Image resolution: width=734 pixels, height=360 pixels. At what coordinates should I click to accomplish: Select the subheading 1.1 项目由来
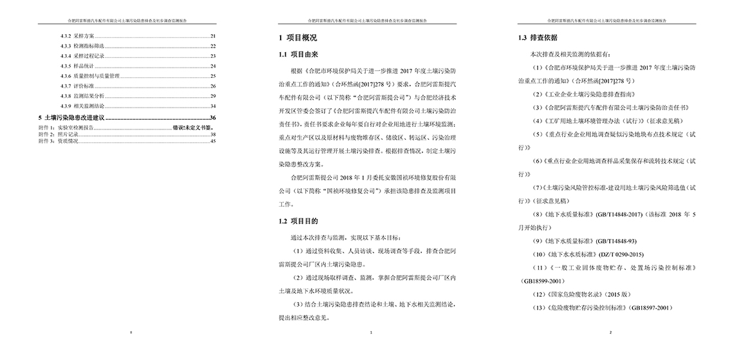(298, 53)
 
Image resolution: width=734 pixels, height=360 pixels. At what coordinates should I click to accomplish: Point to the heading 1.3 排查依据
(538, 38)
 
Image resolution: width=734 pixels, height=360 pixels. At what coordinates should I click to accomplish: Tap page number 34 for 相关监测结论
(213, 106)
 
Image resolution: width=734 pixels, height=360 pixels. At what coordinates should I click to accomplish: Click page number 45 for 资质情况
(213, 141)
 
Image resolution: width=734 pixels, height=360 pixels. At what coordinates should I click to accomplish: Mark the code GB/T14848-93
(612, 241)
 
